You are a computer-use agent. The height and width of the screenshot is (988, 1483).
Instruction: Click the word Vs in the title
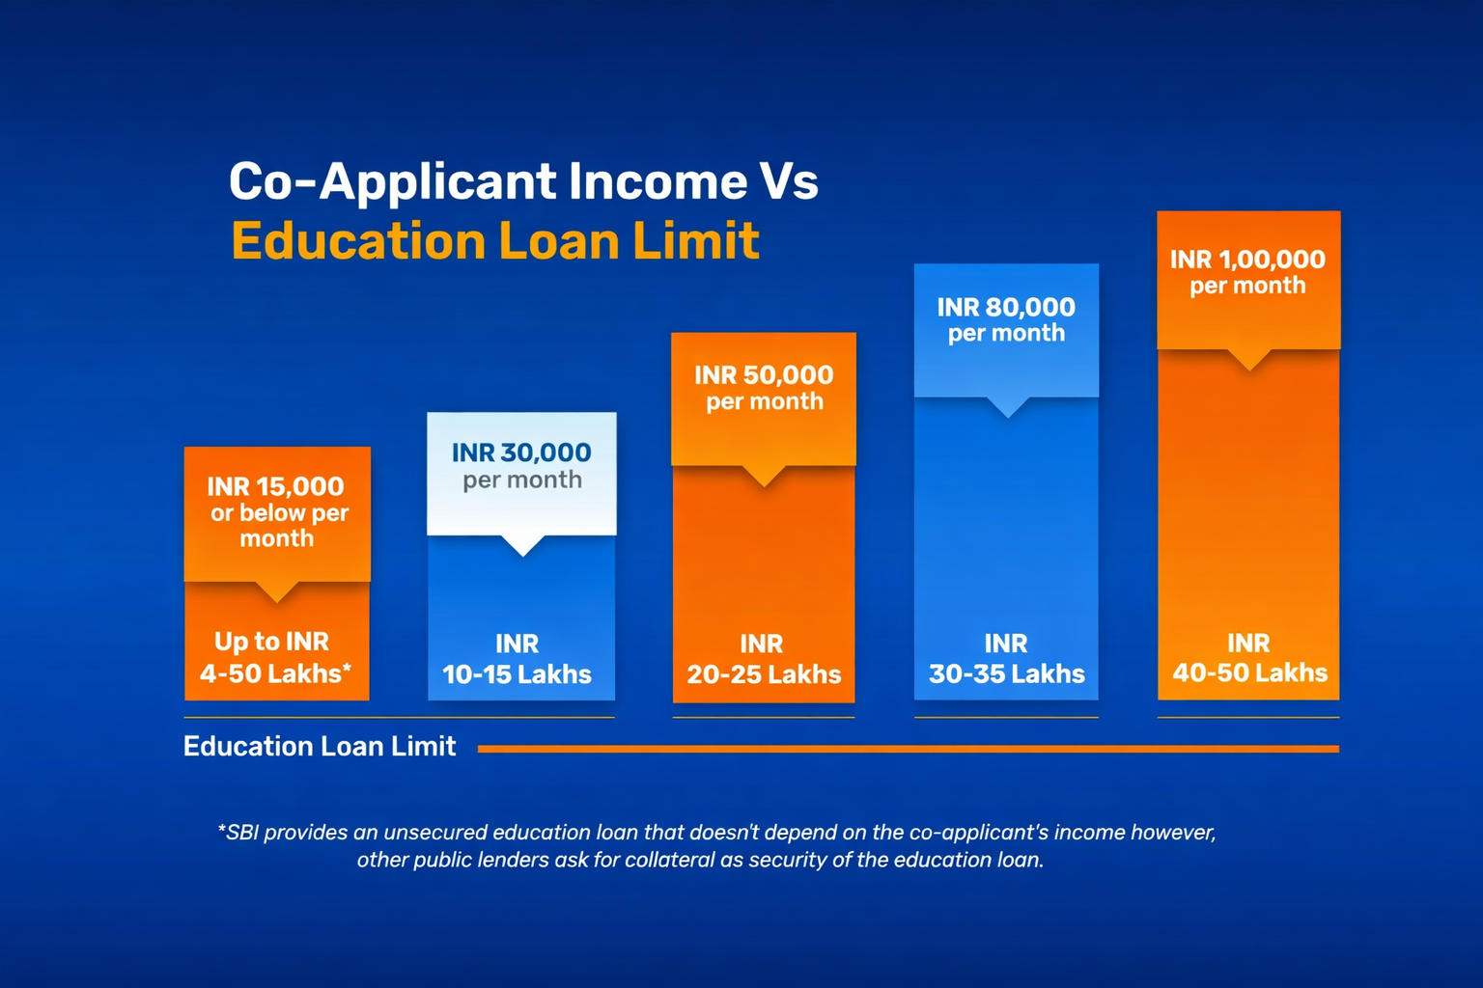pos(789,181)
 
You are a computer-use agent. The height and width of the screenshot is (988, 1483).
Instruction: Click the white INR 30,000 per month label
pos(521,465)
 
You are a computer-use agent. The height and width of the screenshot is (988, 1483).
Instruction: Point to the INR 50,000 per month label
pos(764,387)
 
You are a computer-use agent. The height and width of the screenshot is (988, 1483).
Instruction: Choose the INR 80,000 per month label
pos(1006,319)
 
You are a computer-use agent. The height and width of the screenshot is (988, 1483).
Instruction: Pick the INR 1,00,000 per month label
pos(1247,272)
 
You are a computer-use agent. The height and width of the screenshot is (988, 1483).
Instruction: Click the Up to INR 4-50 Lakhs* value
pos(275,658)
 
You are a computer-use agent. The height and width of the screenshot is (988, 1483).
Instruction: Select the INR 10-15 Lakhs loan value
pos(518,659)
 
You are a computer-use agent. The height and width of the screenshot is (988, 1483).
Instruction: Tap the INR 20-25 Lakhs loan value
pos(764,659)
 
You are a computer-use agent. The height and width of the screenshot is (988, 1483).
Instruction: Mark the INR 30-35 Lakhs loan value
pos(1006,659)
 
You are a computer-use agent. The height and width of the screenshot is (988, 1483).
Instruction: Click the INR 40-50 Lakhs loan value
pos(1249,658)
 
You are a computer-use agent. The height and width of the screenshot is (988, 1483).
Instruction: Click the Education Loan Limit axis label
pos(320,747)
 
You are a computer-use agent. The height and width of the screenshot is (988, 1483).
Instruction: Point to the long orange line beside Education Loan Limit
pos(908,749)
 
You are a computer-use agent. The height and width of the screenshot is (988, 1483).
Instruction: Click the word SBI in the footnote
pos(242,833)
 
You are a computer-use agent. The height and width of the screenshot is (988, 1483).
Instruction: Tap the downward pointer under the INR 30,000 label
pos(522,546)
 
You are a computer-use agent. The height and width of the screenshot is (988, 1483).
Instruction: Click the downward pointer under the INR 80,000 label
pos(1007,407)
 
